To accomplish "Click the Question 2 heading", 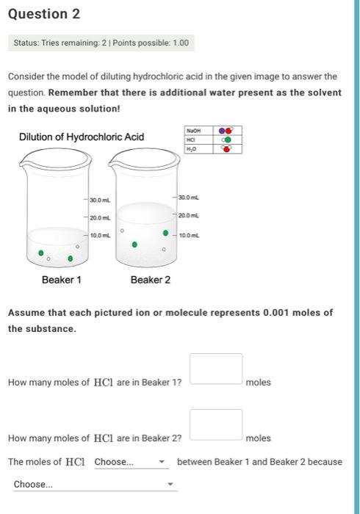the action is click(43, 14).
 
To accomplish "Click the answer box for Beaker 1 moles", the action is click(216, 369).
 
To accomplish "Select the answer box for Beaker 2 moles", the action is click(216, 424).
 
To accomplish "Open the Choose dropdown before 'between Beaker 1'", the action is click(130, 462).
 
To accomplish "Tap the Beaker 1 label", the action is click(62, 280).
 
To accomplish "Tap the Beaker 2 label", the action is click(150, 280).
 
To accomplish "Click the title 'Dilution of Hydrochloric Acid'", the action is click(81, 137).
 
